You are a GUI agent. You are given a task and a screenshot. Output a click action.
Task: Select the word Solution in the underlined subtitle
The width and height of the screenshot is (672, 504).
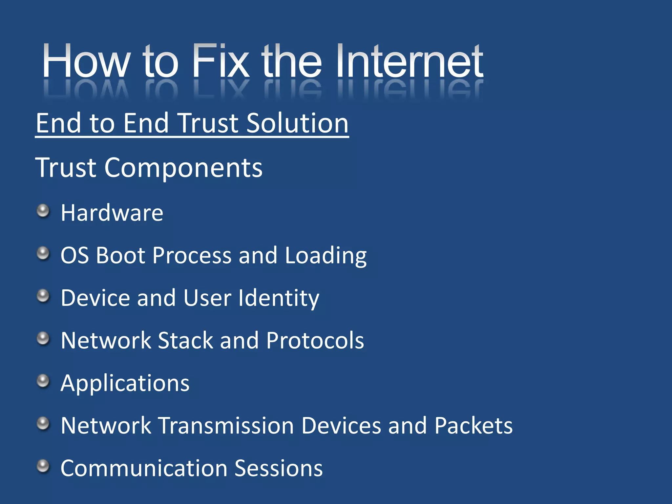tap(297, 123)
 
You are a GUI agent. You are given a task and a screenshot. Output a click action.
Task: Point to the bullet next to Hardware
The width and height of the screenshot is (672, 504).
tap(43, 211)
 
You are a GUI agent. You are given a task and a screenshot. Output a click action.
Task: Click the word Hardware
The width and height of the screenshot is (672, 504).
tap(112, 213)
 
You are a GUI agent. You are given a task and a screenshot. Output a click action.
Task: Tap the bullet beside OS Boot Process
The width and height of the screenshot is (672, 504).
tap(43, 253)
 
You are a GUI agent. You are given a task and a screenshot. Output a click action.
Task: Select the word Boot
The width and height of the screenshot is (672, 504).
tap(120, 255)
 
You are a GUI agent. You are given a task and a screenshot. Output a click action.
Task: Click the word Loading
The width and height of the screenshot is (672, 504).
tap(325, 256)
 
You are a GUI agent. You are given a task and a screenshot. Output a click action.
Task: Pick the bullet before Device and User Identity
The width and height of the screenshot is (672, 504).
tap(43, 296)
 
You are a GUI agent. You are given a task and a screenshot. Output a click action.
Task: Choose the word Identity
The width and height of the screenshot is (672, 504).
tap(279, 298)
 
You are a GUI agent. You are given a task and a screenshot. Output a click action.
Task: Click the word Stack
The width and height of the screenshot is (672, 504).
tap(185, 340)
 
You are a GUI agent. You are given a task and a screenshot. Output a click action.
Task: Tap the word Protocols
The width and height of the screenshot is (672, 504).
tap(315, 340)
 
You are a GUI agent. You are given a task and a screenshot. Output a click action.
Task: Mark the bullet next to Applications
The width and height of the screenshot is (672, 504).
tap(43, 381)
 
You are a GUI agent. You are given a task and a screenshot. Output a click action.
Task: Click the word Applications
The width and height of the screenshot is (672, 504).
tap(125, 383)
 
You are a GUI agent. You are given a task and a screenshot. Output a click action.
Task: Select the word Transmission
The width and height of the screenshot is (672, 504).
tap(226, 426)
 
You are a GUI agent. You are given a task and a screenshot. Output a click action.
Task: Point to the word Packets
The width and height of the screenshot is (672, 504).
tap(473, 426)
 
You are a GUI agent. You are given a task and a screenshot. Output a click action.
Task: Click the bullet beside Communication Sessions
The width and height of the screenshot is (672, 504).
tap(43, 466)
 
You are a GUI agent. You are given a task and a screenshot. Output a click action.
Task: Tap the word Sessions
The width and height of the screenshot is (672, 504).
tap(279, 468)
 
